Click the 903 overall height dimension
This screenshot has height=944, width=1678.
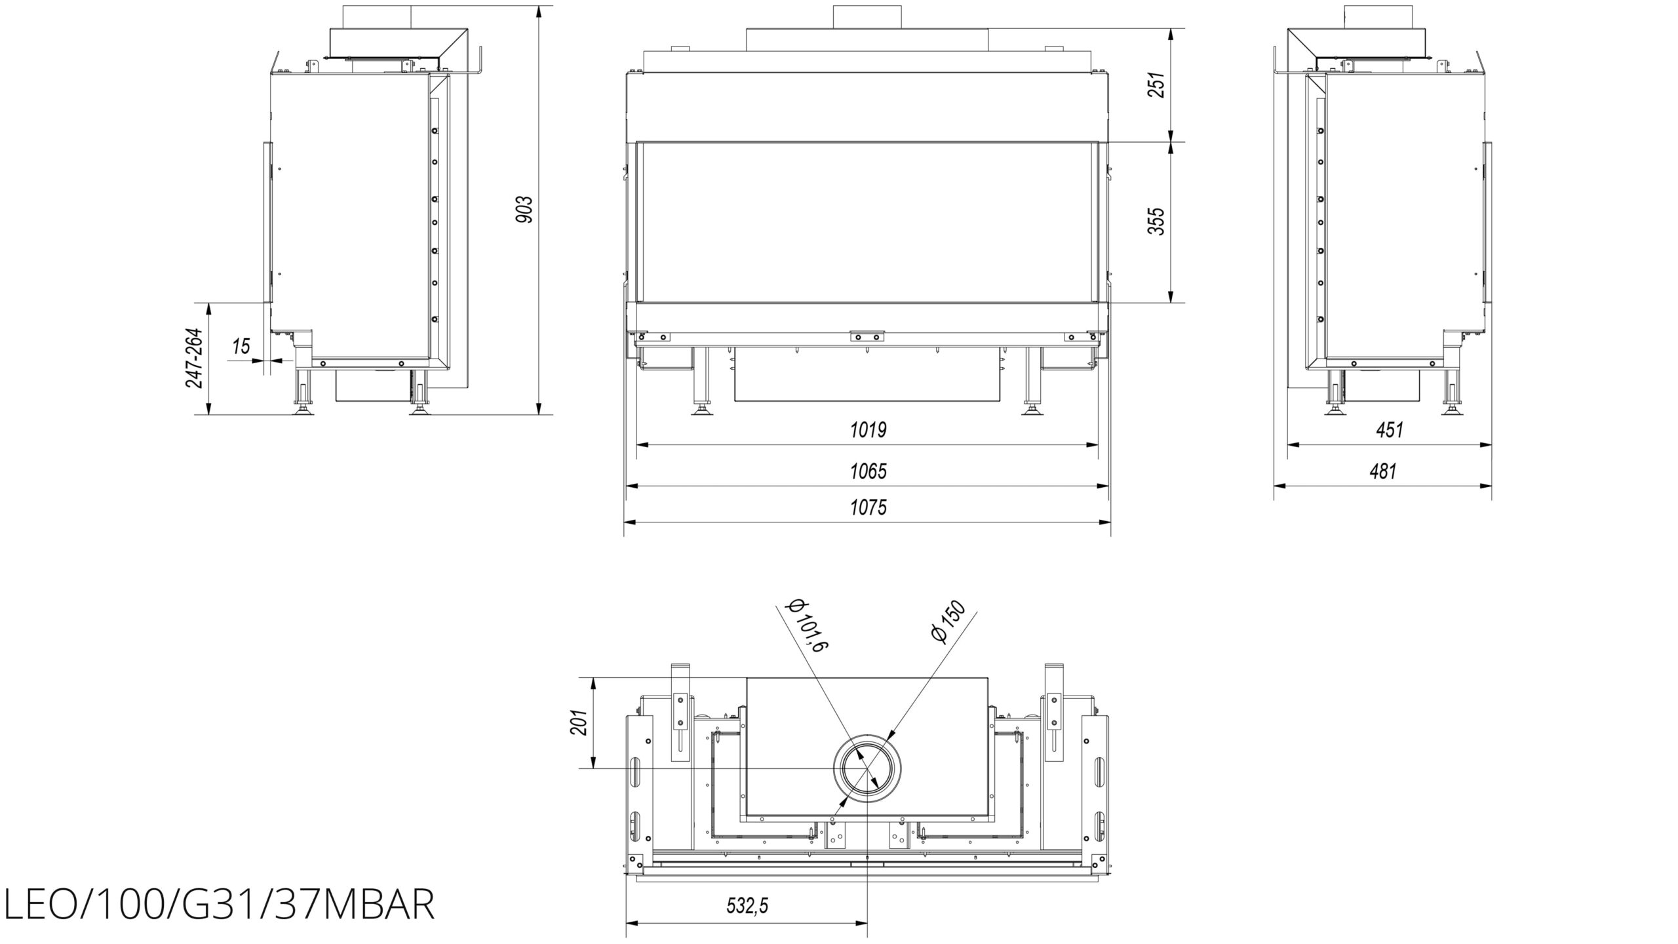click(525, 209)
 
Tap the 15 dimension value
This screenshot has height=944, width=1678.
click(242, 345)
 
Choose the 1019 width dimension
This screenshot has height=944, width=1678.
click(868, 430)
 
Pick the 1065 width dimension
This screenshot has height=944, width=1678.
click(868, 471)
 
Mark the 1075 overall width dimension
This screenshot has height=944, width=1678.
click(868, 507)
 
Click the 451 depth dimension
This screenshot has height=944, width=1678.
click(1390, 430)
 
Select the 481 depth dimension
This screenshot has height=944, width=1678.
click(1383, 471)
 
